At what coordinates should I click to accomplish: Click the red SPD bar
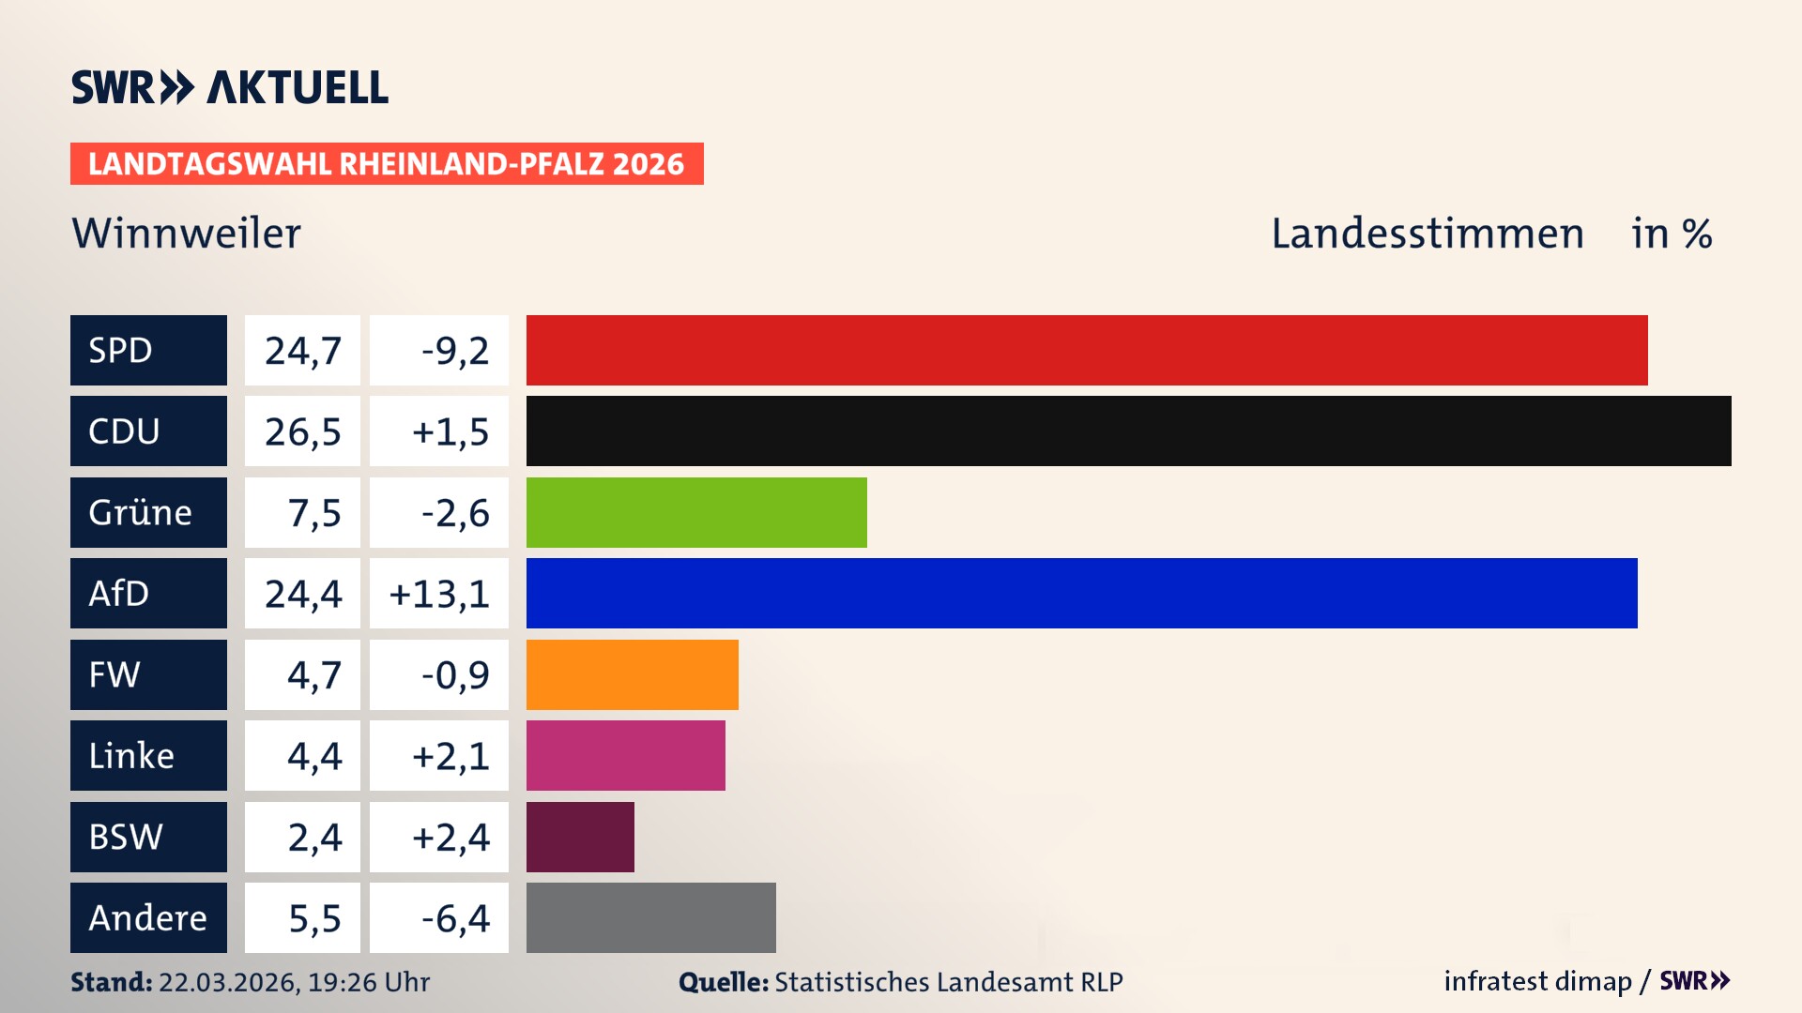click(1087, 350)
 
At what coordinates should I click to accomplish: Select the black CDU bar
click(1128, 431)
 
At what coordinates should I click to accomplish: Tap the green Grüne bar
click(696, 512)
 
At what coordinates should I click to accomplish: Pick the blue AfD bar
click(1081, 593)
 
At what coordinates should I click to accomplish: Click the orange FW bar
click(632, 674)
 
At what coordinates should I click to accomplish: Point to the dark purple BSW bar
click(580, 837)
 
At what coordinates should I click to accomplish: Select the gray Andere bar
click(650, 917)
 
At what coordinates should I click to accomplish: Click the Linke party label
click(131, 755)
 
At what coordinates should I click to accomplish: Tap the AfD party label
click(119, 593)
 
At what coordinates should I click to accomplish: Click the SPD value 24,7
click(302, 350)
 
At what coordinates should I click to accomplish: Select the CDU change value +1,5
click(450, 431)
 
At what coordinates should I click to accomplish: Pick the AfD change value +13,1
click(438, 593)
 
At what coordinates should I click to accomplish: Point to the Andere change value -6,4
click(454, 917)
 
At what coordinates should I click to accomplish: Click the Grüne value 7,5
click(313, 512)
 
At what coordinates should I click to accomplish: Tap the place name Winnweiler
click(186, 233)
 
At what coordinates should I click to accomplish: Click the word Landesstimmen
click(1427, 233)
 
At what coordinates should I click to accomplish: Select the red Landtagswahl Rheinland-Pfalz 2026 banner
click(386, 163)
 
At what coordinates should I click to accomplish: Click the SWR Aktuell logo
click(229, 87)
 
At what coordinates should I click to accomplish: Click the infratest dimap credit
click(1536, 981)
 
